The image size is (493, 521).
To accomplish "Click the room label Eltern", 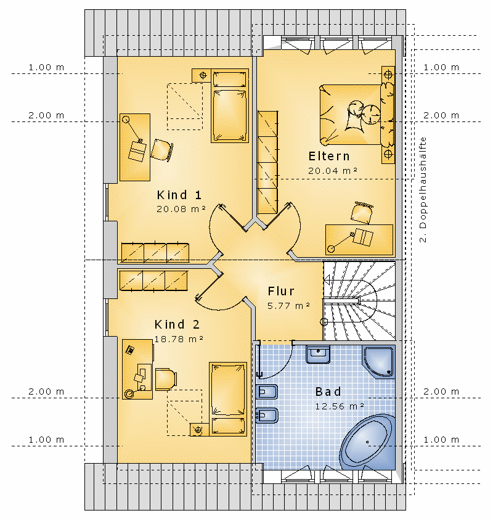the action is (x=329, y=156).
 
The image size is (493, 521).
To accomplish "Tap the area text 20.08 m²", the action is (x=181, y=209).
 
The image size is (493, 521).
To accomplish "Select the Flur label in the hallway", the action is (x=281, y=291).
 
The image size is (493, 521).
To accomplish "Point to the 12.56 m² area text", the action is (x=340, y=406).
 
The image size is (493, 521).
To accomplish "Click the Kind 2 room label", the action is (x=177, y=324).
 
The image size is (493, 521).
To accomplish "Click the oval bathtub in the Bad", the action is (x=367, y=442).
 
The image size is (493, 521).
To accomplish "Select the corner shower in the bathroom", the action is (x=379, y=362).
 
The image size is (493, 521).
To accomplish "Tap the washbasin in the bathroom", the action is (x=318, y=354).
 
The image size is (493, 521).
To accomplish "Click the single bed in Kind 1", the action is (x=230, y=106).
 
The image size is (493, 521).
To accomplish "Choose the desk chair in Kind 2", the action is (x=166, y=379).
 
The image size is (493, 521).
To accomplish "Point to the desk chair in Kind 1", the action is (x=162, y=150).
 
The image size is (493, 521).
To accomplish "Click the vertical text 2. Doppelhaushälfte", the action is (x=423, y=190).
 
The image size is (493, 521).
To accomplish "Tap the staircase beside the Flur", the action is (x=359, y=301).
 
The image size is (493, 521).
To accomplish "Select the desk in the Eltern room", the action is (x=359, y=240).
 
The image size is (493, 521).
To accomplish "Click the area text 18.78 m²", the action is (x=179, y=339).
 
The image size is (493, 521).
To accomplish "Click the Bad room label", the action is (x=328, y=392).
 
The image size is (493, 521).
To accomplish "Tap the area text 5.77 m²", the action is (x=288, y=305).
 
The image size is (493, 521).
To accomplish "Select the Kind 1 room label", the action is (x=179, y=195).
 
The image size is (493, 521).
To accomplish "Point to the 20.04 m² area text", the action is (x=333, y=170).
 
